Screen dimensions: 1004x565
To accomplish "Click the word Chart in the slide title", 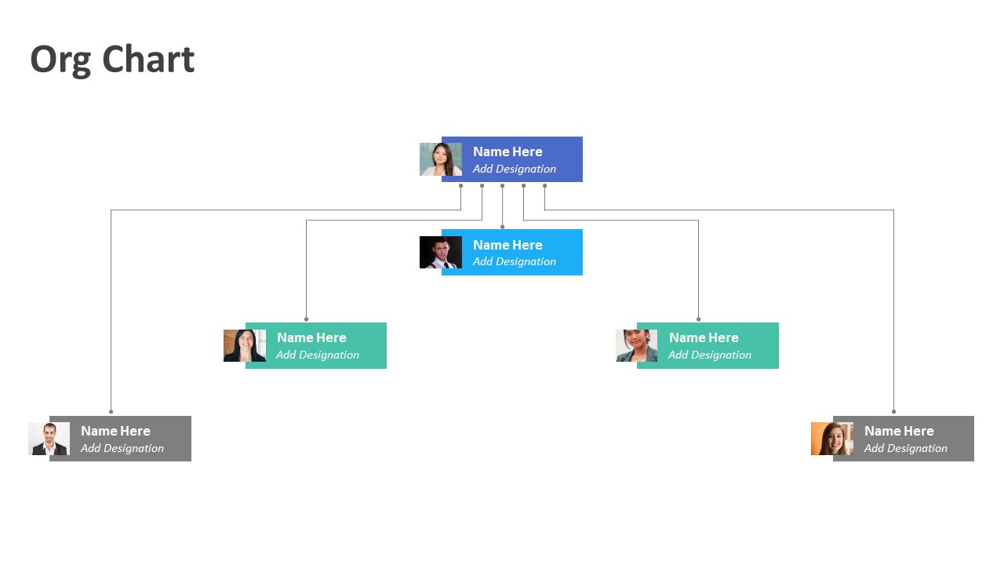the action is click(x=148, y=59).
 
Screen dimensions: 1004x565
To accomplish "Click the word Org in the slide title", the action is click(x=61, y=61).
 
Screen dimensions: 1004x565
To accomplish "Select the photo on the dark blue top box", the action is click(x=441, y=159).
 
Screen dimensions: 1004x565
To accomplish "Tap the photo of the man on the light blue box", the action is click(x=441, y=252).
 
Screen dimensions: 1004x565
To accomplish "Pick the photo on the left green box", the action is click(x=245, y=345).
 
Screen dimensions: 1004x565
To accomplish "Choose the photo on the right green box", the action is click(x=636, y=345).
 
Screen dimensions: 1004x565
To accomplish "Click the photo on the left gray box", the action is click(x=49, y=439).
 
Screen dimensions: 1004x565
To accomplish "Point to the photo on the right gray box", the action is click(x=832, y=439).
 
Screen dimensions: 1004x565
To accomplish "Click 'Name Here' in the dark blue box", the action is click(x=507, y=151).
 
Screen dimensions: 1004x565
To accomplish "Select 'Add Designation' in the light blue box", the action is click(x=515, y=261).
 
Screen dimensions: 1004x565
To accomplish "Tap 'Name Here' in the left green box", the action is click(x=311, y=337).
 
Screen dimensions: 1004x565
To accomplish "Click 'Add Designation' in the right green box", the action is click(x=710, y=355).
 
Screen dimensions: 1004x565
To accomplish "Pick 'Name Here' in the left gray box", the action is click(x=115, y=431).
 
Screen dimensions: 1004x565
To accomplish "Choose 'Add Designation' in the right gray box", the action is click(x=906, y=448).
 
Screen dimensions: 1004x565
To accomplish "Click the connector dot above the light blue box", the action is click(x=503, y=227).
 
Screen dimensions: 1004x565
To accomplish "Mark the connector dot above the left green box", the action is click(x=306, y=319).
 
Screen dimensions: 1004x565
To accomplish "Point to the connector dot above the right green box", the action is click(x=698, y=319).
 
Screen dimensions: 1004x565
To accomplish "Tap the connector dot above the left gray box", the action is click(x=111, y=412).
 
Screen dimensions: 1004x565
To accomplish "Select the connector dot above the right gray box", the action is click(x=893, y=412).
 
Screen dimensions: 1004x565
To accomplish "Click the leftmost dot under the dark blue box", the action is click(x=460, y=186).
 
